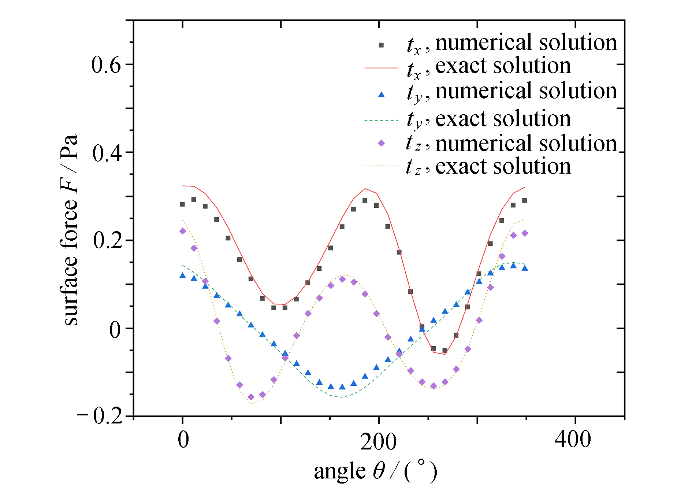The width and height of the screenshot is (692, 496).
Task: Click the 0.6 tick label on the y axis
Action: (x=106, y=66)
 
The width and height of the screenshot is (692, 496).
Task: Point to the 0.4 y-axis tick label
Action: (x=107, y=153)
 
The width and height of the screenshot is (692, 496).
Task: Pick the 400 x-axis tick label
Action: (x=573, y=439)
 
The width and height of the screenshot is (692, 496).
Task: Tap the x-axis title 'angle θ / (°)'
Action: (x=375, y=471)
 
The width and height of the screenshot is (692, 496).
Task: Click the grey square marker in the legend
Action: (x=381, y=45)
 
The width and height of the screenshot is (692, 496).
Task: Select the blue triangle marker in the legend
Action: (x=381, y=95)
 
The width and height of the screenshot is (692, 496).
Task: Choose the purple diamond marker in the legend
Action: (x=381, y=143)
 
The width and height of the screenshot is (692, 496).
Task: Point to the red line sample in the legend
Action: (x=381, y=68)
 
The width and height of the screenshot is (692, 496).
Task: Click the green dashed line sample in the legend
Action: (x=381, y=120)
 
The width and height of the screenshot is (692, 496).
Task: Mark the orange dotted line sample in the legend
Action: (x=381, y=166)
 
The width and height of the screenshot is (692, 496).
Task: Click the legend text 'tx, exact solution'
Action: (x=489, y=67)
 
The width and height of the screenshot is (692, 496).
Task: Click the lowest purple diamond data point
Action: (x=251, y=397)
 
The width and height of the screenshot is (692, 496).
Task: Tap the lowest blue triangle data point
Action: (x=342, y=387)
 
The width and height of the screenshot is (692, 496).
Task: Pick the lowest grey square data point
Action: (x=444, y=351)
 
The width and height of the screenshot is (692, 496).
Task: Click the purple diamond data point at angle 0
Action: (x=182, y=231)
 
